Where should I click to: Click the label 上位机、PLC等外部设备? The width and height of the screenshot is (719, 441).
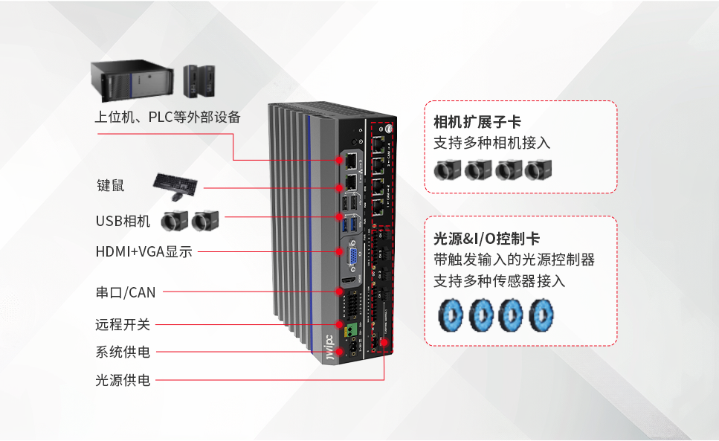[167, 118]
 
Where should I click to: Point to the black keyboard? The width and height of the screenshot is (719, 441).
[175, 181]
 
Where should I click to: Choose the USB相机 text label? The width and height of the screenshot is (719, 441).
[123, 221]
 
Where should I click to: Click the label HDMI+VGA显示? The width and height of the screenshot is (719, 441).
[144, 252]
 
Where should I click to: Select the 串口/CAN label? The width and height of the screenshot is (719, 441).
[126, 292]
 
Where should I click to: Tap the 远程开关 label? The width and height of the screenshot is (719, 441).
[123, 324]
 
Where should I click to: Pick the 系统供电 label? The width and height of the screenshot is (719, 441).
[123, 352]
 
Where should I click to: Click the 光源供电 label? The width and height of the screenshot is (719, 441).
[123, 380]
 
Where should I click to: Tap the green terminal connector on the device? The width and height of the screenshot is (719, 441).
[349, 327]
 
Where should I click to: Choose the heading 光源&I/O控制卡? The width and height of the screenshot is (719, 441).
[486, 239]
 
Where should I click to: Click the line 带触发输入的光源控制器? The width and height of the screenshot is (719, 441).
[514, 260]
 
